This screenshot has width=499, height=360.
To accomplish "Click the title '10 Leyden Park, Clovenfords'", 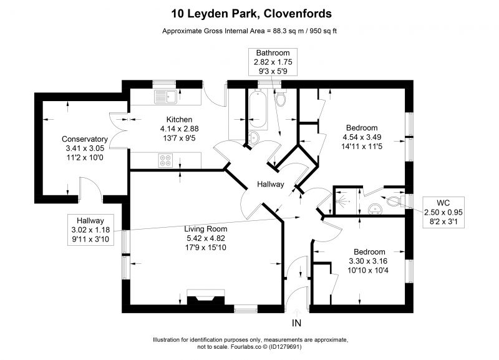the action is coord(251,14).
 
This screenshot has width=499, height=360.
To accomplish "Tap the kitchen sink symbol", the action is coord(165,97).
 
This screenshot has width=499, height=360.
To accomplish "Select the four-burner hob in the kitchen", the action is coord(165,160).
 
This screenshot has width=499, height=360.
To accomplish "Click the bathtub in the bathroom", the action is coord(258,109).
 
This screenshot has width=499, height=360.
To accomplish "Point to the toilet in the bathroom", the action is coord(280,97).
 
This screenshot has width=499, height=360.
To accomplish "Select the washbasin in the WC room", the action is coord(375,209).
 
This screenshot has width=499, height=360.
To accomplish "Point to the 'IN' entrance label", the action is coord(296,323).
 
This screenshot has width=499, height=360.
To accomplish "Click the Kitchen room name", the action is coord(179,120).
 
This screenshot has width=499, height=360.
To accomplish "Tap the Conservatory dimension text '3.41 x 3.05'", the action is coord(85,148).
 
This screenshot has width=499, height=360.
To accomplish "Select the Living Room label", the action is coord(206,229).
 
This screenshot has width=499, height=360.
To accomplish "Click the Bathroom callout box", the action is coord(273,62).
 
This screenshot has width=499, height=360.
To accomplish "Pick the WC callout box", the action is coord(443,212).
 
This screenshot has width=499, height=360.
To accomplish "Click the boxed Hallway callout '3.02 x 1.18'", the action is coord(90,230).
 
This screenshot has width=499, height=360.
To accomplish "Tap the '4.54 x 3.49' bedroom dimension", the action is coord(362,137).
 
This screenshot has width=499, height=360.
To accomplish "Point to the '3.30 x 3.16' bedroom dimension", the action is coord(368,261).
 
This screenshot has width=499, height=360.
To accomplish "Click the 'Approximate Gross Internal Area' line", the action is coord(249,31).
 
